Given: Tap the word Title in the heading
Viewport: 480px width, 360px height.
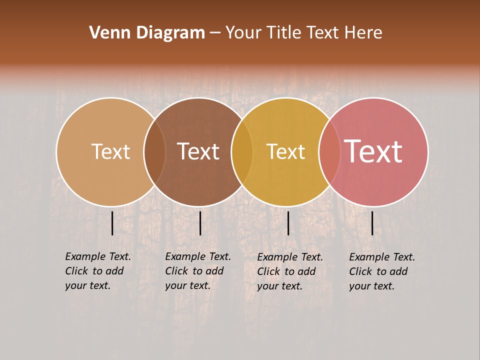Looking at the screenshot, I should (283, 32).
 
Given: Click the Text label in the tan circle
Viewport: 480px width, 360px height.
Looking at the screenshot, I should (110, 151).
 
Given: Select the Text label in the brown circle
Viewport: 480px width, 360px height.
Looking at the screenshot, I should (198, 151).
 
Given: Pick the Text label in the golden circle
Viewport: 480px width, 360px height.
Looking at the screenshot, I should (285, 151).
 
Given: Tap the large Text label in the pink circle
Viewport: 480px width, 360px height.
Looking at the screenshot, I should (373, 151).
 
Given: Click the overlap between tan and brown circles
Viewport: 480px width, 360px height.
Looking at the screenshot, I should (154, 152).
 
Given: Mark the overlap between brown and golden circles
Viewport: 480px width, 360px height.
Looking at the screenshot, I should (242, 152).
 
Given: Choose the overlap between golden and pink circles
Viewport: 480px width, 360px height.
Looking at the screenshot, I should (329, 152).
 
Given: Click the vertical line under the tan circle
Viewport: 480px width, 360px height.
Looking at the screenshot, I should (112, 223).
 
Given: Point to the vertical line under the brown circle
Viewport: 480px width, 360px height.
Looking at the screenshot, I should (200, 223).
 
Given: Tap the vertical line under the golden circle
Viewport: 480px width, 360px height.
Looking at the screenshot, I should (288, 223).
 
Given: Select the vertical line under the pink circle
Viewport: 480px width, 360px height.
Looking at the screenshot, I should (372, 223).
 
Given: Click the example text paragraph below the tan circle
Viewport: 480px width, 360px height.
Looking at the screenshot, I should (97, 271).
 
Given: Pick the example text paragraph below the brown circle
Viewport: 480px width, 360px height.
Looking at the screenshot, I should (197, 271).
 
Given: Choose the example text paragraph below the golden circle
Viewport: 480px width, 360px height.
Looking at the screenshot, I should (289, 271).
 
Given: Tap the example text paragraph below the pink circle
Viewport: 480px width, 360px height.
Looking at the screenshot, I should (381, 271).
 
